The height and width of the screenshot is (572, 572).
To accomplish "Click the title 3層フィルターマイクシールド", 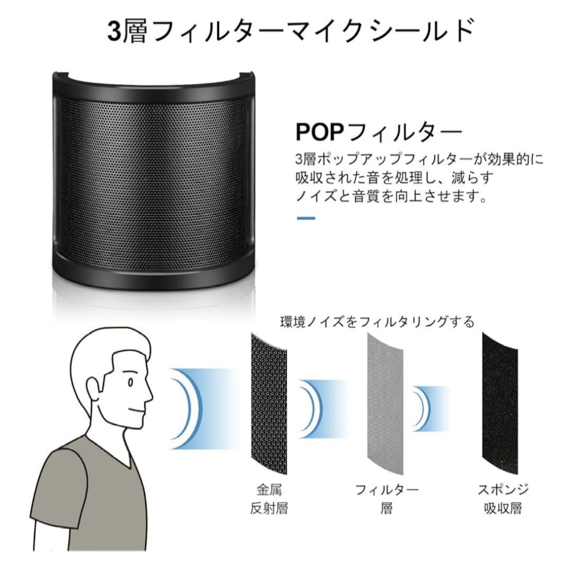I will point(286,31).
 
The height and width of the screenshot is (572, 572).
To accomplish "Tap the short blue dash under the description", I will point(305,218).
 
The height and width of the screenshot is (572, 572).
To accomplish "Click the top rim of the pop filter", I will point(154,79).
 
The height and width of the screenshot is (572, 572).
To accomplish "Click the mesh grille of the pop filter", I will point(154,175).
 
